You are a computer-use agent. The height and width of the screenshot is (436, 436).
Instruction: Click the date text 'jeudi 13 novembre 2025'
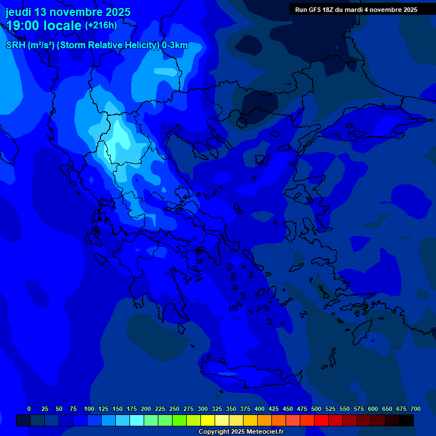click(68, 12)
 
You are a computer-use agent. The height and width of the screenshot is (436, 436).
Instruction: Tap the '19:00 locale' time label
click(44, 26)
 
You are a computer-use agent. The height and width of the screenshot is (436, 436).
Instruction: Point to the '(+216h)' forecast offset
click(101, 26)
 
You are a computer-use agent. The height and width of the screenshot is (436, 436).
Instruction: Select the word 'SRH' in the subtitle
click(15, 45)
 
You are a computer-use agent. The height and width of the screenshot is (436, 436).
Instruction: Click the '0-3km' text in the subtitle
click(175, 45)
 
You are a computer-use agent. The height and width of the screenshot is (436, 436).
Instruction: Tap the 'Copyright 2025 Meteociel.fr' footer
click(241, 432)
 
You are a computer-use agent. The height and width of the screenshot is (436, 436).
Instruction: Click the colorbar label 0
click(29, 409)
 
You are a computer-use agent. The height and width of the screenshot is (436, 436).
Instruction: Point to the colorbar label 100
click(89, 409)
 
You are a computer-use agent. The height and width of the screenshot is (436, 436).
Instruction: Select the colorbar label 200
click(146, 409)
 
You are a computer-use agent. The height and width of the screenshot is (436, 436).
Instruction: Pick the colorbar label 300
click(203, 409)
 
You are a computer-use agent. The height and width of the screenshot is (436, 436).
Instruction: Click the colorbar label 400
click(259, 409)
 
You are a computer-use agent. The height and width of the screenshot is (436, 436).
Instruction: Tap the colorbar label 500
click(316, 409)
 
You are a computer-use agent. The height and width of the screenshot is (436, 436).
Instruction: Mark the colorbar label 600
click(373, 409)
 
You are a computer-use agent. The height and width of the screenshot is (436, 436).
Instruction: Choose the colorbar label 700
click(416, 409)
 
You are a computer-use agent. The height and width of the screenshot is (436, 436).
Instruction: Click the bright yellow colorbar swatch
click(208, 420)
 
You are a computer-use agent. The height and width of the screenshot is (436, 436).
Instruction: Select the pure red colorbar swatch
click(321, 420)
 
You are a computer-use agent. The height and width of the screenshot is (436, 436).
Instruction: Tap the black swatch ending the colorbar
click(406, 420)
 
